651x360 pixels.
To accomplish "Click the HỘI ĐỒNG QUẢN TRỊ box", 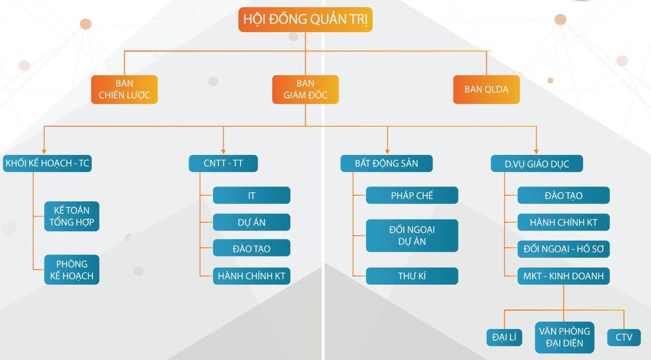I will (x=305, y=20).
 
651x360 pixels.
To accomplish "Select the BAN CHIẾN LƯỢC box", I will (x=124, y=90).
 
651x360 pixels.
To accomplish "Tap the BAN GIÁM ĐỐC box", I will (x=305, y=90).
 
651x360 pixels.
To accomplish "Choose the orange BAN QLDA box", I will (x=486, y=90).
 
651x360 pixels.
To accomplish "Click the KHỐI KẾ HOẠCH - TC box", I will (x=47, y=164).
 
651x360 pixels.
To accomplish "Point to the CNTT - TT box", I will (x=223, y=164).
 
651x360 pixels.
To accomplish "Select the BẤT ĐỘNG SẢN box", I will (x=386, y=164).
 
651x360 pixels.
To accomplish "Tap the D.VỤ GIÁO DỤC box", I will (x=537, y=164).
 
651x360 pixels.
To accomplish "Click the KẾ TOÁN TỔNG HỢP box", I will (x=72, y=216).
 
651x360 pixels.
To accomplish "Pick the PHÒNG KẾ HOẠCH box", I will (x=72, y=269).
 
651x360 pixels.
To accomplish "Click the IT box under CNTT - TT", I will (x=252, y=195).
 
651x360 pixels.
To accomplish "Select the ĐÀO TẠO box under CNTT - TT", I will (x=252, y=248).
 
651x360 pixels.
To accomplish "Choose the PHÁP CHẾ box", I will (x=412, y=195).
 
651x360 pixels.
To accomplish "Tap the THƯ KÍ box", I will (x=412, y=276).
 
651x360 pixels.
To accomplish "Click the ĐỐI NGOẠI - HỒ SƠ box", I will (x=563, y=249).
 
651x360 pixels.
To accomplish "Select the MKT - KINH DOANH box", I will (x=563, y=276).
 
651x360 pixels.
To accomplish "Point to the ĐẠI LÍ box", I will (x=504, y=337).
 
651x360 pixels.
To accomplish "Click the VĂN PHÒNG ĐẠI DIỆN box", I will (x=565, y=338).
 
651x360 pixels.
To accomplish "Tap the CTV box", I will (x=624, y=337).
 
